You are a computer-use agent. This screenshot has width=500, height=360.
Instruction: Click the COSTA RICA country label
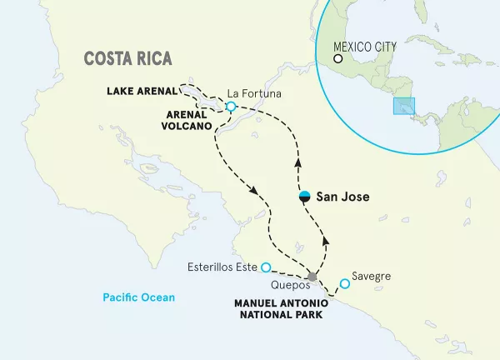click(127, 59)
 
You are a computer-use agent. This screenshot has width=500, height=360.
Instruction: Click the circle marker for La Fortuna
click(231, 107)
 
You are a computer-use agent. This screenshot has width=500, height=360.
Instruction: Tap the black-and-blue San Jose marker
click(306, 196)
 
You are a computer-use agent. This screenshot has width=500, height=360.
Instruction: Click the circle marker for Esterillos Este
click(265, 267)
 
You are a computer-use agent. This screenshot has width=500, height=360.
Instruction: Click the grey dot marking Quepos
click(312, 277)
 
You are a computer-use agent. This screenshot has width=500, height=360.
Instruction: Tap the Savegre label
click(370, 275)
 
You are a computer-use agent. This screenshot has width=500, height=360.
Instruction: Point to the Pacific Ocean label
click(138, 297)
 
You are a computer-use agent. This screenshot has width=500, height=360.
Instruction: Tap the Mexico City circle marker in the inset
click(338, 59)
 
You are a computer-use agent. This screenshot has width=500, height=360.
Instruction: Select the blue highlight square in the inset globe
click(404, 107)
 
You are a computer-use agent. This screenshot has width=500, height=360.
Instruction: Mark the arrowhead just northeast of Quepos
click(325, 240)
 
